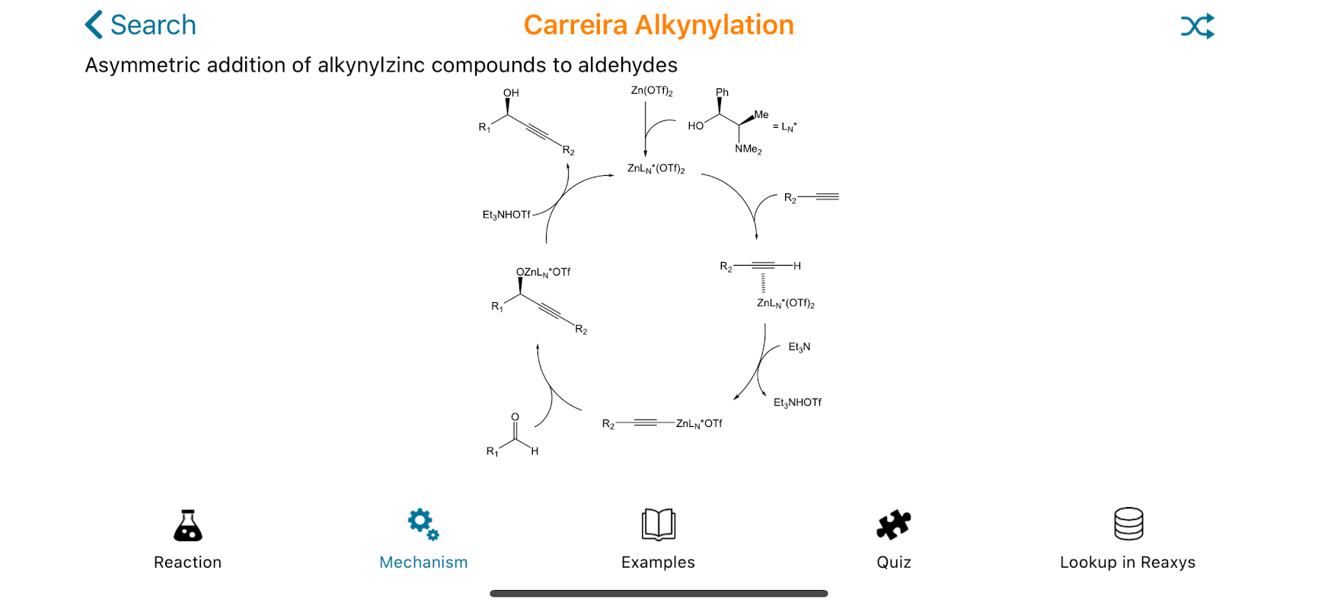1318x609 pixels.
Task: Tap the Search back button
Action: coord(141,25)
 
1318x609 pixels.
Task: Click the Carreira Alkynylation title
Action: coord(659,25)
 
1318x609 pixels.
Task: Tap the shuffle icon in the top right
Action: coord(1197,26)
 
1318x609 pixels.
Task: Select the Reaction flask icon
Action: coord(187,525)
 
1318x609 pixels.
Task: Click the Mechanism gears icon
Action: coord(423,525)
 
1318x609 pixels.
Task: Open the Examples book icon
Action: coord(659,525)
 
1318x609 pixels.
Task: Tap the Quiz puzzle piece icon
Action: coord(893,525)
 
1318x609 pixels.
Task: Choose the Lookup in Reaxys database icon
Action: coord(1128,524)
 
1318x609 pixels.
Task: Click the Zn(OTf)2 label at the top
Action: coord(651,91)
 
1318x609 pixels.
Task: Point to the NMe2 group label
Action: coord(748,149)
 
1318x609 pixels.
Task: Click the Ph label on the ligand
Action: coord(722,92)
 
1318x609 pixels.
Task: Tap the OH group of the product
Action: coord(511,93)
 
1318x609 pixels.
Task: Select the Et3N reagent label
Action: coord(799,347)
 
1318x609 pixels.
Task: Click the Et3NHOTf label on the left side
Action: coord(506,215)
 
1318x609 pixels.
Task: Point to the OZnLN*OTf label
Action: coord(543,272)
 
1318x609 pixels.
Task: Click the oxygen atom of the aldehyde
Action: coord(515,417)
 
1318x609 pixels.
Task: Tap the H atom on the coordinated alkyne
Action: coord(797,266)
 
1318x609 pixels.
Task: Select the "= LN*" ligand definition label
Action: coord(785,127)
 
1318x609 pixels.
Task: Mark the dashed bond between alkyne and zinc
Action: coord(763,282)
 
